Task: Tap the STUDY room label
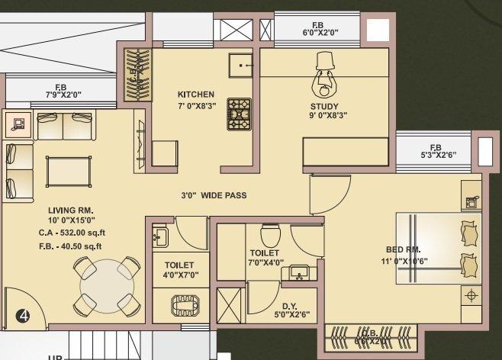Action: click(324, 106)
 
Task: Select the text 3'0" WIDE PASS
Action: click(214, 195)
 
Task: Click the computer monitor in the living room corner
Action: click(18, 121)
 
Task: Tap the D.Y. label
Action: click(289, 306)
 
